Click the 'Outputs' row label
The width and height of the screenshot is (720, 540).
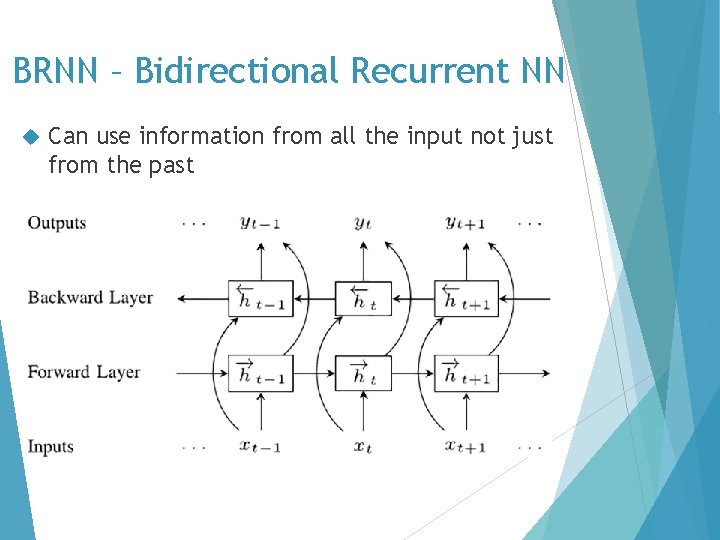tap(57, 223)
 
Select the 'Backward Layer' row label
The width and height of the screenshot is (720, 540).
tap(90, 297)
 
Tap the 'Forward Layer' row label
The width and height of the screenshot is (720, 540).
tap(84, 372)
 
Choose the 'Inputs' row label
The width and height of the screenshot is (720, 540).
tap(50, 446)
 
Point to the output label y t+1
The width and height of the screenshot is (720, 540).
tap(465, 224)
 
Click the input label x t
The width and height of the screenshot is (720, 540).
tap(362, 447)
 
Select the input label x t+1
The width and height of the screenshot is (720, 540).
tap(465, 447)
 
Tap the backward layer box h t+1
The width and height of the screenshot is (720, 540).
tap(465, 298)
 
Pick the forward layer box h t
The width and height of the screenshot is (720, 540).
tap(362, 373)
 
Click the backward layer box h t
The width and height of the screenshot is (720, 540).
tap(362, 298)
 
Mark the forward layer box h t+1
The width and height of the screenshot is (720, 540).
tap(465, 373)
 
